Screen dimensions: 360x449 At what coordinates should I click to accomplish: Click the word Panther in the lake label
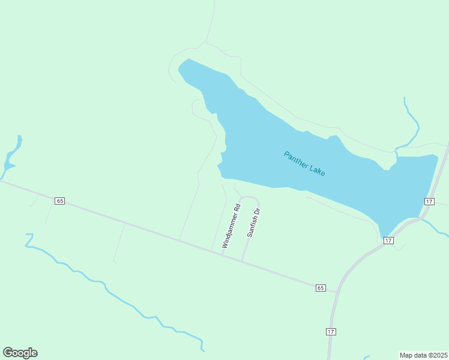tap(296, 159)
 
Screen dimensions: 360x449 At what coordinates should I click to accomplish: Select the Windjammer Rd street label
tap(231, 226)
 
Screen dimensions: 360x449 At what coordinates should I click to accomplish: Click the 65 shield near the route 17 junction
tap(320, 288)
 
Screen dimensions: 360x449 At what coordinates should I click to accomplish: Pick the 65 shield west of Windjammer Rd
tap(59, 200)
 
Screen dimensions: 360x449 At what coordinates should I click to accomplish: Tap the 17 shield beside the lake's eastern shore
tap(429, 201)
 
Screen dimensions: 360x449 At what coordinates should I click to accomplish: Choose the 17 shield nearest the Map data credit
tap(331, 331)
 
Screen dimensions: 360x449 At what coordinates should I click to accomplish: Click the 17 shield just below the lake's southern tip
tap(388, 240)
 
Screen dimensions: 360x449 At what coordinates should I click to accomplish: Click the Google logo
tap(20, 353)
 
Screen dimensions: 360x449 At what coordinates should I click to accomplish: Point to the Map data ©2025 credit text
tap(423, 355)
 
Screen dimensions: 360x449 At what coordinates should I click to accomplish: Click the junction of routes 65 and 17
tap(336, 293)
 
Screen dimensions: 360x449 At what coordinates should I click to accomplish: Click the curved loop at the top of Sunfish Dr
tap(249, 197)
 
